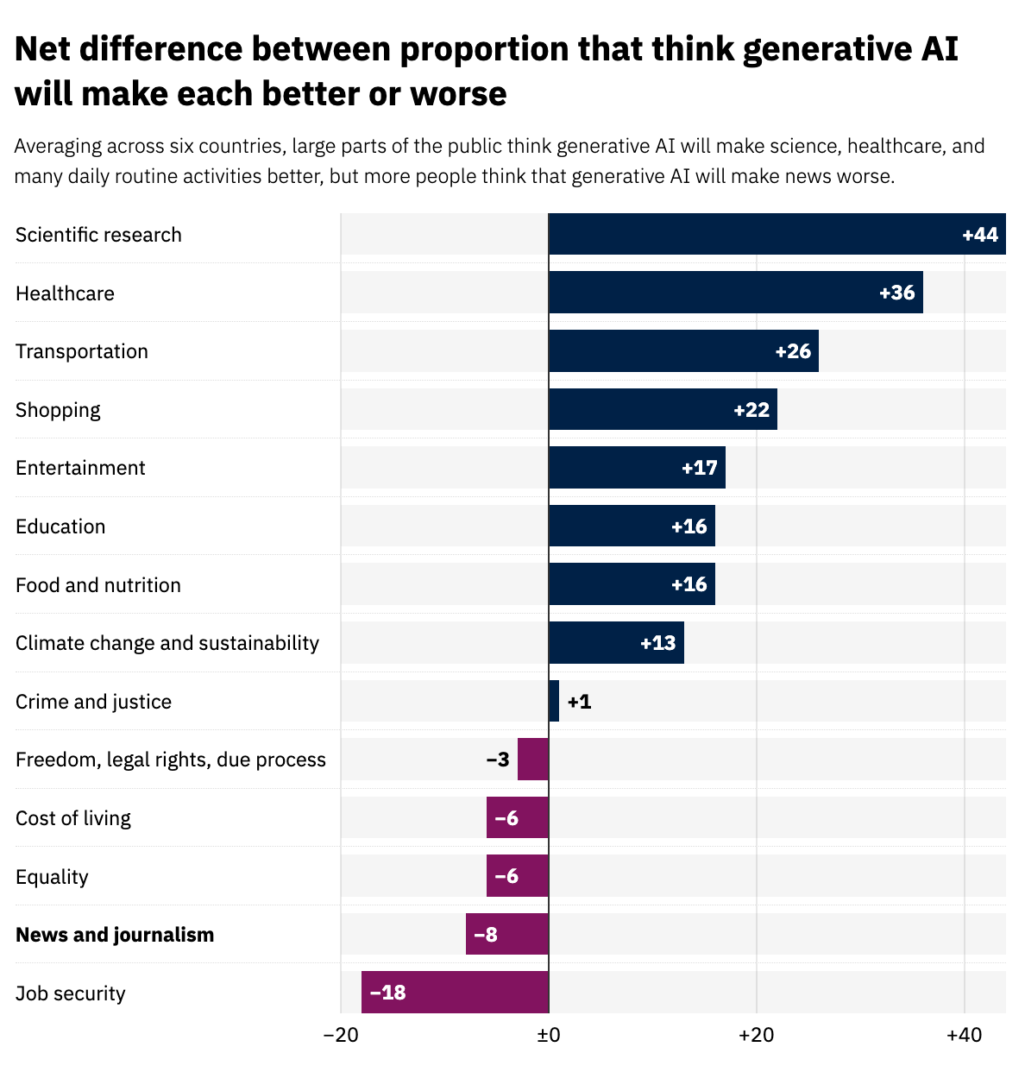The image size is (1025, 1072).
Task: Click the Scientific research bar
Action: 777,234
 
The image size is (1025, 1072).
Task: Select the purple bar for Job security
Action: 455,992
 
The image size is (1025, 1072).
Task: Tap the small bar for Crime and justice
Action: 554,701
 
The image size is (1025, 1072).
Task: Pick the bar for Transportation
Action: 683,351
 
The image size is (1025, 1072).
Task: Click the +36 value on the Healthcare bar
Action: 896,293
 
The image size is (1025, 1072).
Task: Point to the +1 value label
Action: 580,702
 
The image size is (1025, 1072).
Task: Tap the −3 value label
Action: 498,760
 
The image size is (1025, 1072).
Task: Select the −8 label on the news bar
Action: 486,935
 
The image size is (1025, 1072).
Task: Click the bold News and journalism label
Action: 115,935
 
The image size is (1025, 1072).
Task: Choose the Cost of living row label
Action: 73,818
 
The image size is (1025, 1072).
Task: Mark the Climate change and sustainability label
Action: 167,643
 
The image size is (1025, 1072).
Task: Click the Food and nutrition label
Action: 98,585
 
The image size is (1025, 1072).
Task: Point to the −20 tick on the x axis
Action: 340,1036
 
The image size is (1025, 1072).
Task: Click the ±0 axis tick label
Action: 549,1036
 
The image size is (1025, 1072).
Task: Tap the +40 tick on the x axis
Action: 964,1036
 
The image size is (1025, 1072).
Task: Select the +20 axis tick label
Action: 757,1036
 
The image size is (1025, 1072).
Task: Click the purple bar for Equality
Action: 518,876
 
